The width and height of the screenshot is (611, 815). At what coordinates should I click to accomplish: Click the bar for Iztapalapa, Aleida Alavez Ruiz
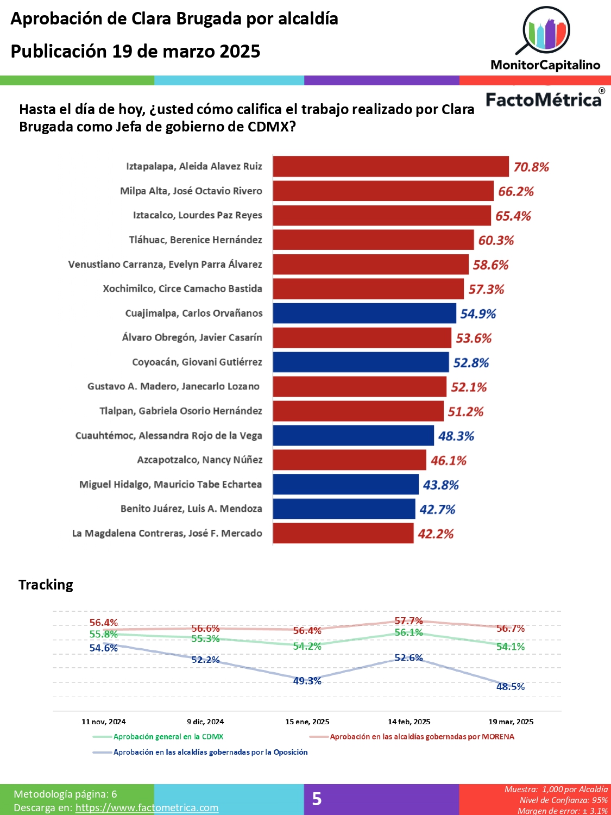[x=390, y=166]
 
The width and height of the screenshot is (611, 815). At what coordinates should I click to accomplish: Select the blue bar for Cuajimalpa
[x=364, y=314]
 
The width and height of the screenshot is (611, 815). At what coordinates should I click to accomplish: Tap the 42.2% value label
[x=436, y=534]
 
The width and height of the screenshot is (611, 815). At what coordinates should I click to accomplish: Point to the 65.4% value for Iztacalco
[x=513, y=216]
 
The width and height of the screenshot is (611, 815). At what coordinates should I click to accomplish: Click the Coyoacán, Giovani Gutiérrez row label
[x=197, y=362]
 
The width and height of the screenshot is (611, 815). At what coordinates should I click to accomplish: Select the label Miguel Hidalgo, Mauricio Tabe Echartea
[x=171, y=484]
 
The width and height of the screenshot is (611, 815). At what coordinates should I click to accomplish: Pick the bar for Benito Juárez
[x=344, y=509]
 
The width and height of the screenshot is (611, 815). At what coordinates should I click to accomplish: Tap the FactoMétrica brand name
[x=544, y=99]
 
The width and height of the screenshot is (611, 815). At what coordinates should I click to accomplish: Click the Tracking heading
[x=46, y=585]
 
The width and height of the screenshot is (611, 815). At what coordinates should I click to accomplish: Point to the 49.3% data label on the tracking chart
[x=307, y=681]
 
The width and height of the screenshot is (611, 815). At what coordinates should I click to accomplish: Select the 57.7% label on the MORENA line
[x=408, y=620]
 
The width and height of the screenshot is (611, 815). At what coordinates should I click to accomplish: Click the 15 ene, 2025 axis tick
[x=307, y=722]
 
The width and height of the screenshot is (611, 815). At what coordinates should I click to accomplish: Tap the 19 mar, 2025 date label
[x=511, y=722]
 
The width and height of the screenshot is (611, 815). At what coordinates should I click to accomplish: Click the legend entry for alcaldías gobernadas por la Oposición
[x=210, y=752]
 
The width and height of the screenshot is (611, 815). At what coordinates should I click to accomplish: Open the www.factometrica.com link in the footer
[x=147, y=807]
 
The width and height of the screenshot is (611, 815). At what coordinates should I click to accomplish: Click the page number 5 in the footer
[x=317, y=799]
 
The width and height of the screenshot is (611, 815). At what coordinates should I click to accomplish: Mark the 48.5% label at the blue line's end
[x=511, y=686]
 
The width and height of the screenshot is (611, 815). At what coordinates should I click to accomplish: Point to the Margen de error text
[x=562, y=811]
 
